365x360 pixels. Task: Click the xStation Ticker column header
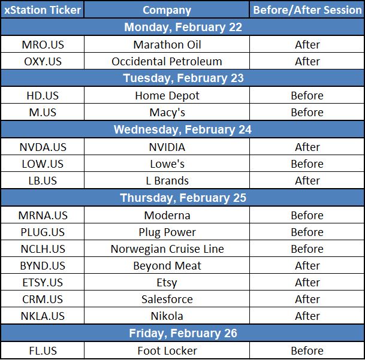pyautogui.click(x=43, y=10)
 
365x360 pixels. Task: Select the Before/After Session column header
pyautogui.click(x=307, y=10)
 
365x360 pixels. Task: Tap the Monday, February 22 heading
pyautogui.click(x=183, y=27)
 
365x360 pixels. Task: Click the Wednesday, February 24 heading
pyautogui.click(x=182, y=129)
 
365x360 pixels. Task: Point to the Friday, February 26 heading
pyautogui.click(x=183, y=333)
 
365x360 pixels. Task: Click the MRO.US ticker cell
pyautogui.click(x=43, y=45)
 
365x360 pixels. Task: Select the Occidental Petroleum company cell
pyautogui.click(x=167, y=62)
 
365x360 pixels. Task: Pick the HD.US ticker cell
pyautogui.click(x=43, y=96)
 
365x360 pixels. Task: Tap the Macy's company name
pyautogui.click(x=167, y=113)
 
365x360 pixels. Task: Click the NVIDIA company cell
pyautogui.click(x=167, y=147)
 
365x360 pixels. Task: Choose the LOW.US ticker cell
pyautogui.click(x=43, y=164)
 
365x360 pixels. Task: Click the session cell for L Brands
pyautogui.click(x=307, y=180)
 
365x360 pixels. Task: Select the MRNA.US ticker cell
pyautogui.click(x=43, y=215)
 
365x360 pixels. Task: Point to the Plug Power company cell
pyautogui.click(x=167, y=232)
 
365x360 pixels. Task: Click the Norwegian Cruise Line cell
pyautogui.click(x=167, y=249)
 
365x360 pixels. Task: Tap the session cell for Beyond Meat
pyautogui.click(x=307, y=265)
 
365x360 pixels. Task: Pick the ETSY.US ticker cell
pyautogui.click(x=43, y=283)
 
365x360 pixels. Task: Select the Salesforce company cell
pyautogui.click(x=167, y=299)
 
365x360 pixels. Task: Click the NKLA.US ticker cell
pyautogui.click(x=43, y=316)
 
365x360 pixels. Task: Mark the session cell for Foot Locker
pyautogui.click(x=307, y=350)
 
